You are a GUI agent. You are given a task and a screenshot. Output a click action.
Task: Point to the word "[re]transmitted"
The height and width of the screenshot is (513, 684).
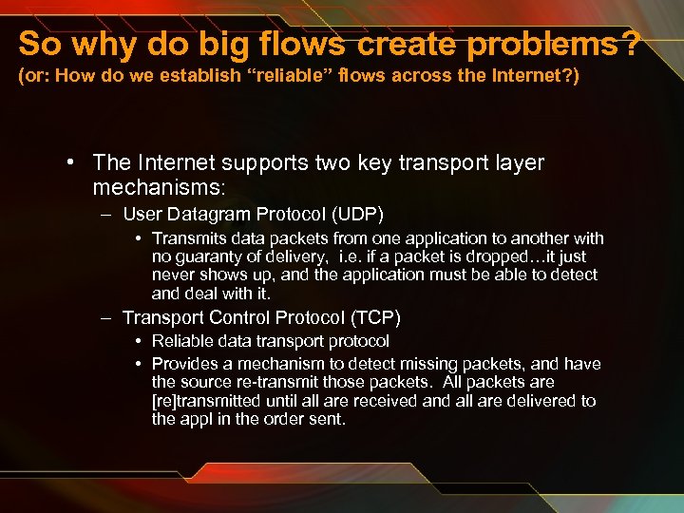209,401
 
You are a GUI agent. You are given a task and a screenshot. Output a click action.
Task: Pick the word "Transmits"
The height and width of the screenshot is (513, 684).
186,238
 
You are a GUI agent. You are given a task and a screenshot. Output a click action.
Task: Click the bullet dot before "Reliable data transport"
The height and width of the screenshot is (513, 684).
139,341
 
